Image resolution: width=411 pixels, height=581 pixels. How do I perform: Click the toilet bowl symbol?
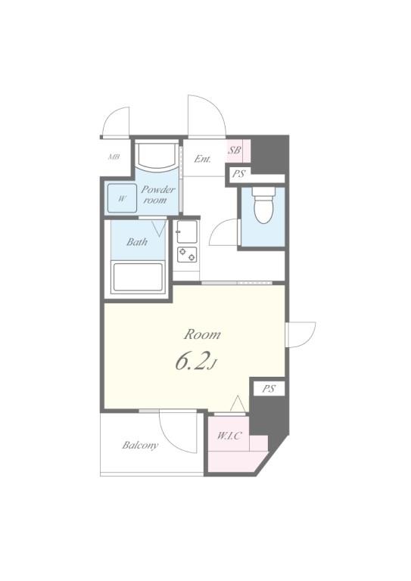[263, 205]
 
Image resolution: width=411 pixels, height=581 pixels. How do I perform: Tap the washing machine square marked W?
[122, 198]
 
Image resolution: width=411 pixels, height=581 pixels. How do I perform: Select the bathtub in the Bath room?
[138, 277]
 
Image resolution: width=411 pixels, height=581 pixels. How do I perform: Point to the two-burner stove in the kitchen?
[187, 254]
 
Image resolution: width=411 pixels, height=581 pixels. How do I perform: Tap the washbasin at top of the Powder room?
[156, 155]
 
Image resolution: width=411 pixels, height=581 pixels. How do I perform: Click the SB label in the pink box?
[234, 150]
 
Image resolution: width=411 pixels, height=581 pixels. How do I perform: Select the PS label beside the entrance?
[238, 174]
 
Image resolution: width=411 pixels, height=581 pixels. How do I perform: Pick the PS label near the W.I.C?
[269, 389]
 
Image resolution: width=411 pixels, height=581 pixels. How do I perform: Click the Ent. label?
[203, 159]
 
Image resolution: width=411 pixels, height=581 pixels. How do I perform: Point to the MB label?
[114, 157]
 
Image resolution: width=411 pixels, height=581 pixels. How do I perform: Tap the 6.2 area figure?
[191, 362]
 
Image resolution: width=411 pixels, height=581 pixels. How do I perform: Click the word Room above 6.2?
[202, 334]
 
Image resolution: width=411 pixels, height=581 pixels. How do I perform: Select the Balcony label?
[141, 445]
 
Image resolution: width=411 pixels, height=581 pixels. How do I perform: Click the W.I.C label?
[229, 436]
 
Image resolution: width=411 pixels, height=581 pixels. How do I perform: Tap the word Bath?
[137, 242]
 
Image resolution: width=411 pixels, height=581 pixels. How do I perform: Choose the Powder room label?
[157, 195]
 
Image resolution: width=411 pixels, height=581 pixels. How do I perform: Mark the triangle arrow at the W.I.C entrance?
[237, 403]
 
